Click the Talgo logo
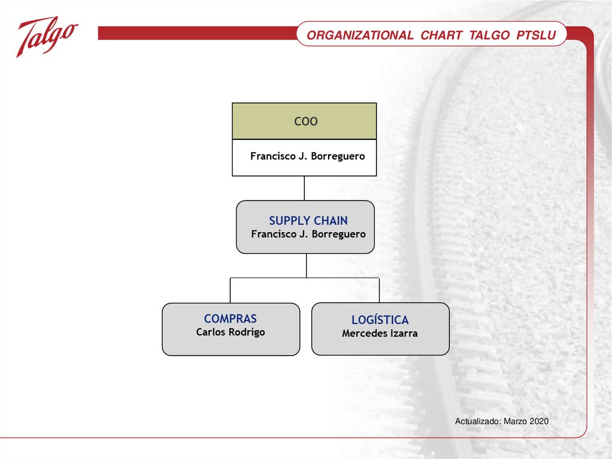tap(47, 37)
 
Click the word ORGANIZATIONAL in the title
tap(360, 35)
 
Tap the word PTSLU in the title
tap(536, 35)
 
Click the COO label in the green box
tap(305, 121)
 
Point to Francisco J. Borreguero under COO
tap(308, 156)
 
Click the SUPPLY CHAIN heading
tap(308, 220)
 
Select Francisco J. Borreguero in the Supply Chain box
tap(308, 234)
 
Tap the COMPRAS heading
tap(230, 318)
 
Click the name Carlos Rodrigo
tap(230, 332)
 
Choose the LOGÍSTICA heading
tap(380, 320)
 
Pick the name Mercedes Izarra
tap(380, 333)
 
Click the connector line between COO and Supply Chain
tap(304, 188)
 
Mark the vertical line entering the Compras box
tap(230, 290)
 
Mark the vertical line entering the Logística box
tap(380, 290)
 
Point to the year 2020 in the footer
tap(539, 421)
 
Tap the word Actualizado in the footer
tap(478, 421)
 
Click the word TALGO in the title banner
tap(489, 35)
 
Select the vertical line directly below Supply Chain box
tap(307, 266)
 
